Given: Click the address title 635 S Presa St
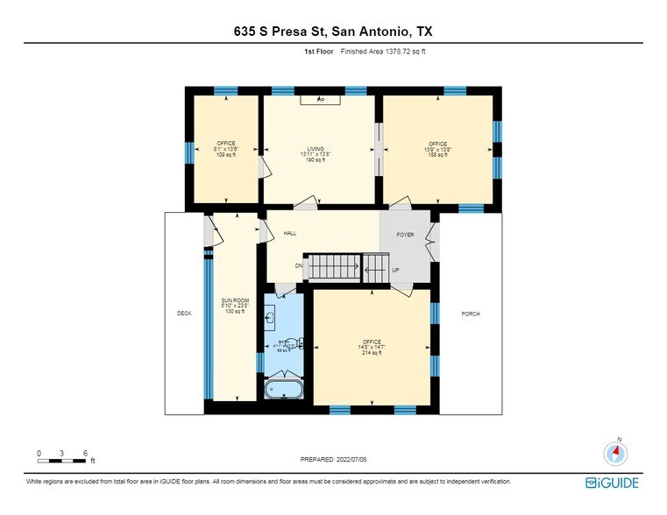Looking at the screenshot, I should point(333,32).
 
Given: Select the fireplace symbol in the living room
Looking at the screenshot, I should point(321,100).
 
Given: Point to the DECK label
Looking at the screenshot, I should point(184,314).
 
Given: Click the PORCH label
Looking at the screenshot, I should point(471,314).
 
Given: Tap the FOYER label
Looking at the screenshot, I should point(404,235).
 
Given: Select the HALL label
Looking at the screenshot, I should point(290,234).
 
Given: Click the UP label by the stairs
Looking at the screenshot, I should point(395,270).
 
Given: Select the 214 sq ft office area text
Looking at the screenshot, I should point(373,351).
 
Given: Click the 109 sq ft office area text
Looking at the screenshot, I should point(226,154).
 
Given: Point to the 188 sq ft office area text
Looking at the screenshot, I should point(437,154).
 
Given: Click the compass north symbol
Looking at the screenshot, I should point(617,452).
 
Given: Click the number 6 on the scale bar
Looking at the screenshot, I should point(85,453).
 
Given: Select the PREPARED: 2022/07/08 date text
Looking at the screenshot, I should point(333,458).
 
